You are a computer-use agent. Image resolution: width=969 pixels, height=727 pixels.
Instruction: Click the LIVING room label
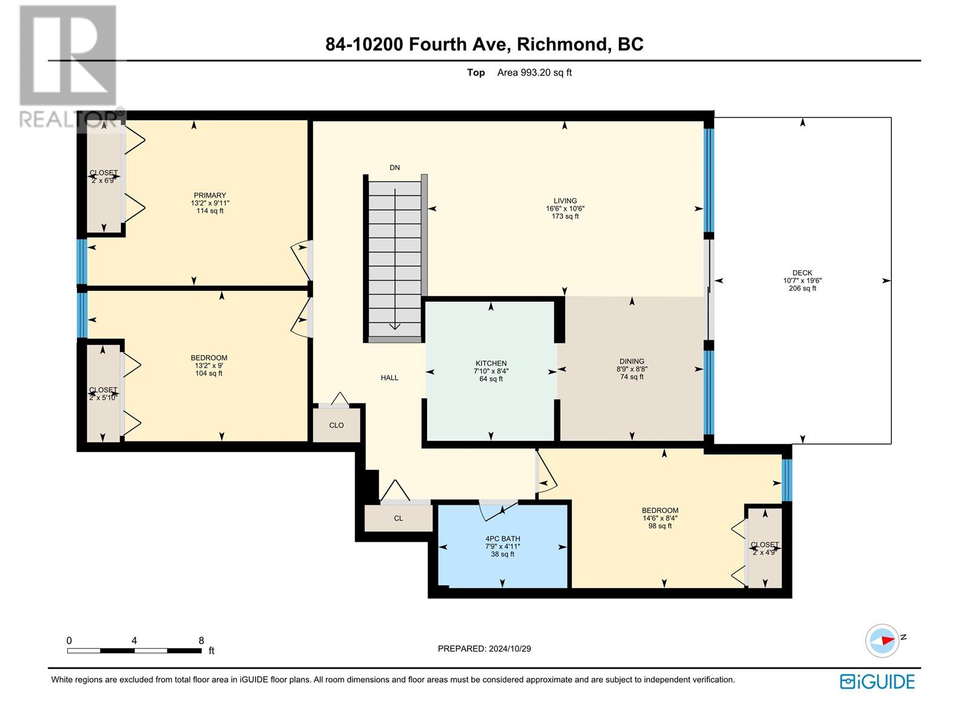coord(565,201)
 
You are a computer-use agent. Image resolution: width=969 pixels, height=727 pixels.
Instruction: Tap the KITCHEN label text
coord(491,363)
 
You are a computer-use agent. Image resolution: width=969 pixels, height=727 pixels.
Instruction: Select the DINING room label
coord(632,361)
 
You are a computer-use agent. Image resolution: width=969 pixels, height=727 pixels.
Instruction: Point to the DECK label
coord(802,273)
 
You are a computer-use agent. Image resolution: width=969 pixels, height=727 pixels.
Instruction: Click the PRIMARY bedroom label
coord(210,195)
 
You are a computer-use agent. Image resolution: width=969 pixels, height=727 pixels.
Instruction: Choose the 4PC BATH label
coord(503,539)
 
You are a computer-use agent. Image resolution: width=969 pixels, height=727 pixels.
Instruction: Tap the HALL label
coord(389,377)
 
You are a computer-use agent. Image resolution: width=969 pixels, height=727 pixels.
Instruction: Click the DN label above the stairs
coord(395,167)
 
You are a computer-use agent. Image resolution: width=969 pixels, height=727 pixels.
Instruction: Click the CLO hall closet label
coord(336,425)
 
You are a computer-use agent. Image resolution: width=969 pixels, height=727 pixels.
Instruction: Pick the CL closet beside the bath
coord(398,518)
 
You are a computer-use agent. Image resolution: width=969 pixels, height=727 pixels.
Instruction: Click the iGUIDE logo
coord(877,682)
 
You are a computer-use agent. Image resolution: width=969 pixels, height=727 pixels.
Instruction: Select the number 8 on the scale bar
coord(201,640)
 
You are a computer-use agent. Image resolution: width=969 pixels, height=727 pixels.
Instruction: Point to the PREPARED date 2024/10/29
coord(509,648)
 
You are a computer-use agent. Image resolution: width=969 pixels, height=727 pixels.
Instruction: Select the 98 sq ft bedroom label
coord(660,526)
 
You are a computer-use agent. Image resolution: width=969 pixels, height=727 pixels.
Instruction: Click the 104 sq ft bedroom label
coord(209,373)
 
